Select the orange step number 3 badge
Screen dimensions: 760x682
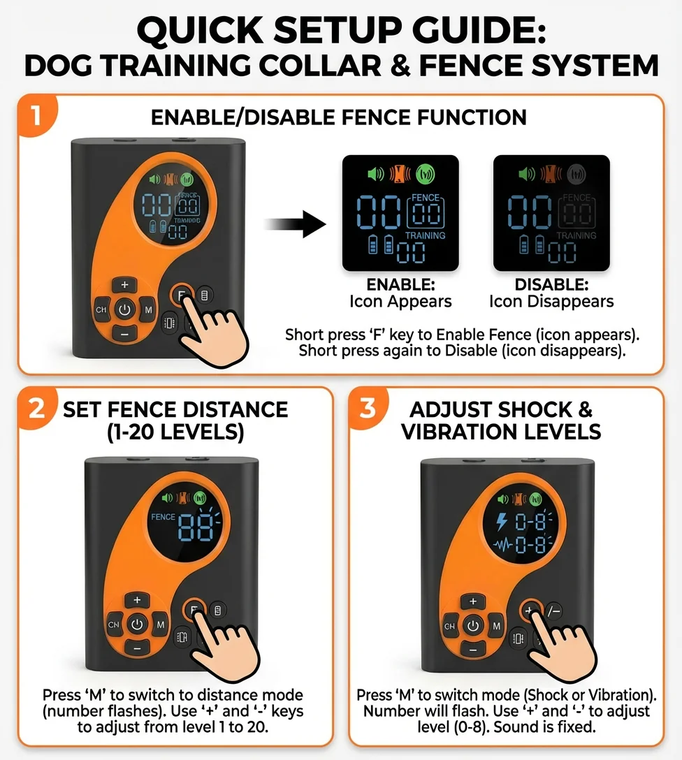pos(368,408)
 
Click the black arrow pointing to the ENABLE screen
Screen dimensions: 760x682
pos(295,225)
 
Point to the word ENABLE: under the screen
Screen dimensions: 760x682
pos(400,286)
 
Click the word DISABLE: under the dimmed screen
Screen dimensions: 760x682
pos(551,286)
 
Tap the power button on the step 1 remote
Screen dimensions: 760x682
pos(124,309)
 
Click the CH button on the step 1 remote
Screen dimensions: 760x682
pos(101,309)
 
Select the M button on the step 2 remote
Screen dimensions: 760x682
pos(161,624)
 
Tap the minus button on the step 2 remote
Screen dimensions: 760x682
pos(137,648)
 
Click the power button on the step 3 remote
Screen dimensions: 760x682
pos(473,626)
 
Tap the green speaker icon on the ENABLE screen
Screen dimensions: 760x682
pos(376,173)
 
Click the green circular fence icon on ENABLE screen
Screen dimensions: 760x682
pos(424,173)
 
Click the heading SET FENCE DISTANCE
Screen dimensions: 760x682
pos(175,409)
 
